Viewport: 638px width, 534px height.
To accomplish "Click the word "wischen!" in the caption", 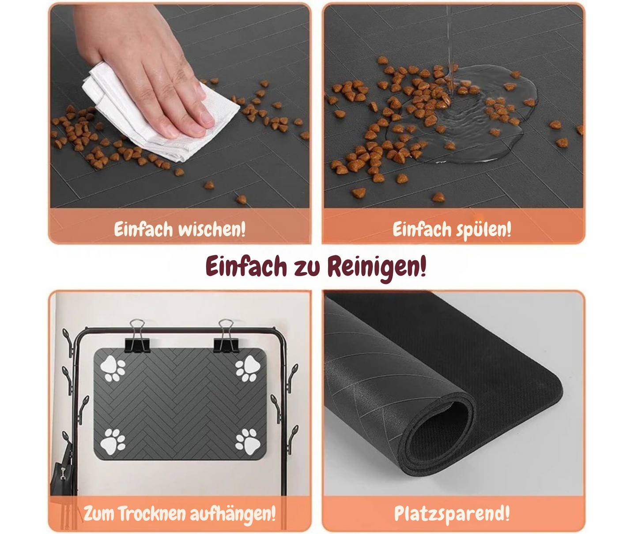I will (x=211, y=229).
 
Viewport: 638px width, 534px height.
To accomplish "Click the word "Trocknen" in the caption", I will (x=151, y=514).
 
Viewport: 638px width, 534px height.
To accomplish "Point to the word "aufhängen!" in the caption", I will (x=233, y=514).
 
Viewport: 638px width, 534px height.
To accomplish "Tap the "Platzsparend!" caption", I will (x=452, y=514).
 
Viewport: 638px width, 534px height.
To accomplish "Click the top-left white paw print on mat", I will (x=113, y=369).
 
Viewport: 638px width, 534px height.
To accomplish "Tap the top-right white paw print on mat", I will (x=247, y=369).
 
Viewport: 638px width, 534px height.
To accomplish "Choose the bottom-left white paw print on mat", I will (x=113, y=441).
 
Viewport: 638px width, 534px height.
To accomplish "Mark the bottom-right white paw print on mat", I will (x=247, y=441).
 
